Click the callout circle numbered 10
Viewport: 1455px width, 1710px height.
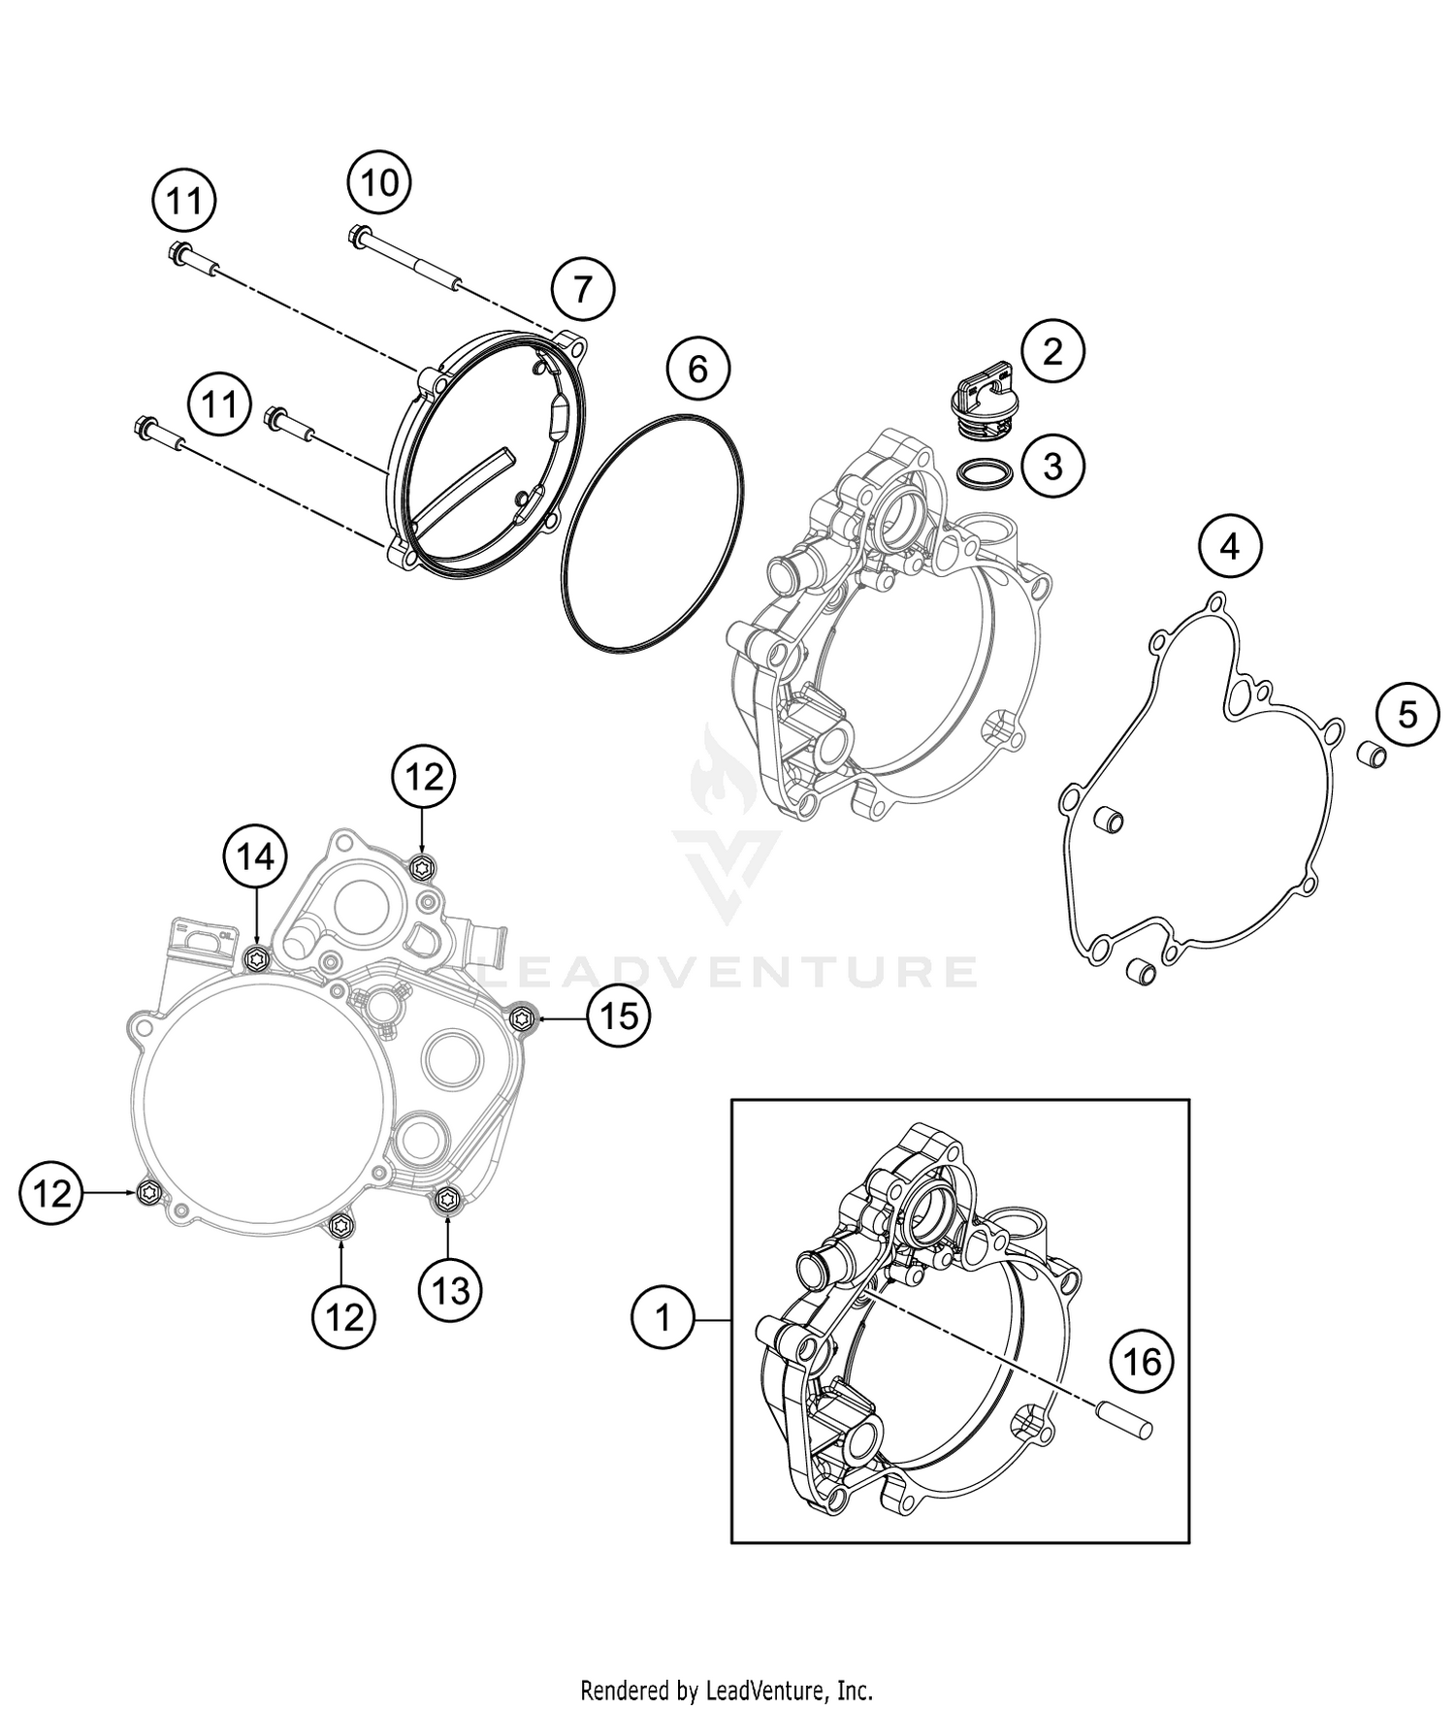(x=379, y=181)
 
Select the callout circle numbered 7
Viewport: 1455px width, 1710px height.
(x=582, y=288)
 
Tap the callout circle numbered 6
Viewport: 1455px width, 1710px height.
(x=698, y=369)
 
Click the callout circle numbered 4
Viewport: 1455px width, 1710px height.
(x=1229, y=547)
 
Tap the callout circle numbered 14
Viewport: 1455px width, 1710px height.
(x=256, y=857)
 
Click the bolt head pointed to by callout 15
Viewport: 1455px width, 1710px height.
(x=524, y=1016)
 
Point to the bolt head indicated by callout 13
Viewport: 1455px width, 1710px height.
(x=447, y=1200)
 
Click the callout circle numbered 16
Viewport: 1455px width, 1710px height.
(x=1142, y=1361)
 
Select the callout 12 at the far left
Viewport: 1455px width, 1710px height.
(x=52, y=1193)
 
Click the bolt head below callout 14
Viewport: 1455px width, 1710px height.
(x=256, y=960)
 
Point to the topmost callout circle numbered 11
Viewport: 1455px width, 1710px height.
(x=184, y=202)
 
